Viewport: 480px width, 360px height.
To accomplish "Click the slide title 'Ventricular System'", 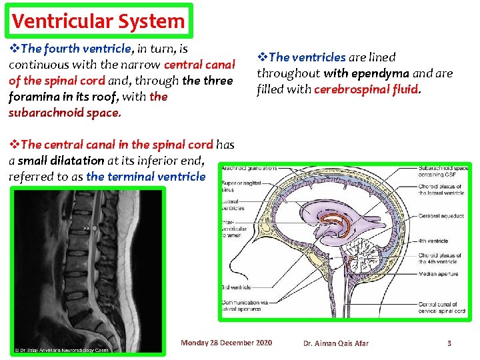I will pos(98,21).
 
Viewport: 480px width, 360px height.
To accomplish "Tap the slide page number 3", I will pos(449,343).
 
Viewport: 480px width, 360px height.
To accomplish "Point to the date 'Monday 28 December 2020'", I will pos(227,343).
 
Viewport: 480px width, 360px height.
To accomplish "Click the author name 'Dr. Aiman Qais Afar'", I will pos(335,343).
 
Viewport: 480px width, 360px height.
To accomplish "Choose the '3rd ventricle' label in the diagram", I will pos(236,287).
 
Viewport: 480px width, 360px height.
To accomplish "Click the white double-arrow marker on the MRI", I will pos(86,227).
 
